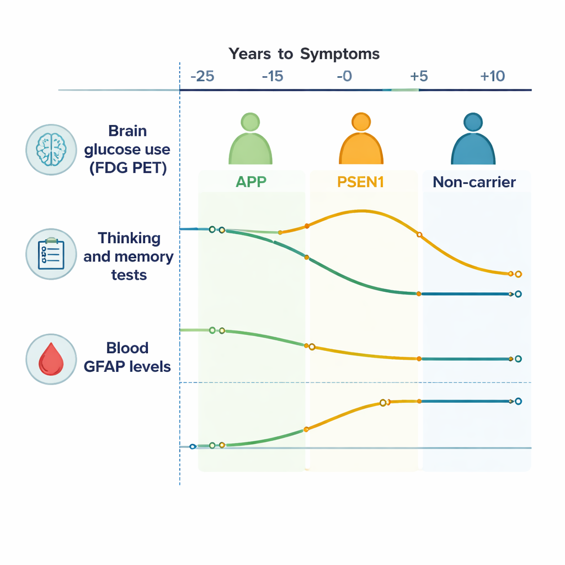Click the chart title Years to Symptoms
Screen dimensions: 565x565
[304, 54]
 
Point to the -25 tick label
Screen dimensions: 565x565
[202, 76]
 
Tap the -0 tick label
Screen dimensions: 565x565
[344, 76]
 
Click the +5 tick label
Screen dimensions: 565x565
[419, 76]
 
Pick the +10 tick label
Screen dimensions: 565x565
[492, 76]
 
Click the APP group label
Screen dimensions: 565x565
[251, 182]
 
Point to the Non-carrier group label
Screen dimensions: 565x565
[474, 182]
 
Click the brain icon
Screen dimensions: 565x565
[51, 149]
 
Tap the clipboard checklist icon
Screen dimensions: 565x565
[51, 254]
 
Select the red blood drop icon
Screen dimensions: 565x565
[51, 359]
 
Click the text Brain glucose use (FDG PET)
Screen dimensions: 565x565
[128, 150]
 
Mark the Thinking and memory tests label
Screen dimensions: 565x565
[129, 256]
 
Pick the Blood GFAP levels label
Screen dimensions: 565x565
[127, 357]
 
